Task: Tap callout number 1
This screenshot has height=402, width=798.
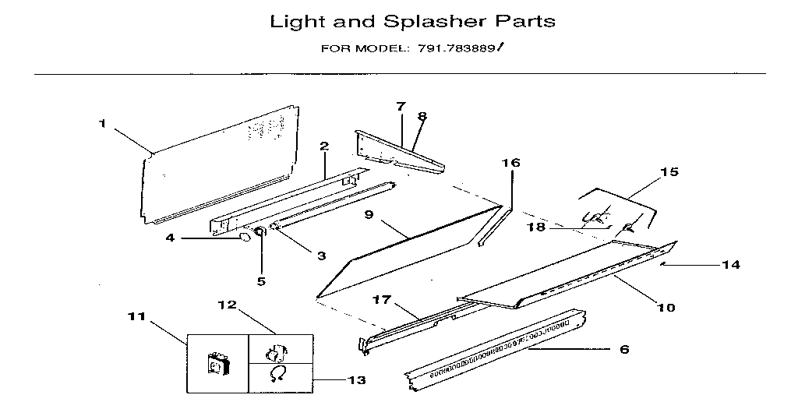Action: (102, 122)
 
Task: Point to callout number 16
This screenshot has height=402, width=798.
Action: (510, 163)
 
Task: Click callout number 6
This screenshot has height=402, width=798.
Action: (623, 350)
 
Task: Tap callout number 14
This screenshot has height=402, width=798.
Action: (730, 265)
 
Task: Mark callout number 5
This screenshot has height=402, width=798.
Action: (261, 280)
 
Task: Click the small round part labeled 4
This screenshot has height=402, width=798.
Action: (243, 238)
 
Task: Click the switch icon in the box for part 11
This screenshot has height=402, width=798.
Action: (217, 364)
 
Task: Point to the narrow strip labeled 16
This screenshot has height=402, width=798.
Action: (491, 225)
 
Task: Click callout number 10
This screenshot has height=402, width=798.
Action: (665, 307)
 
